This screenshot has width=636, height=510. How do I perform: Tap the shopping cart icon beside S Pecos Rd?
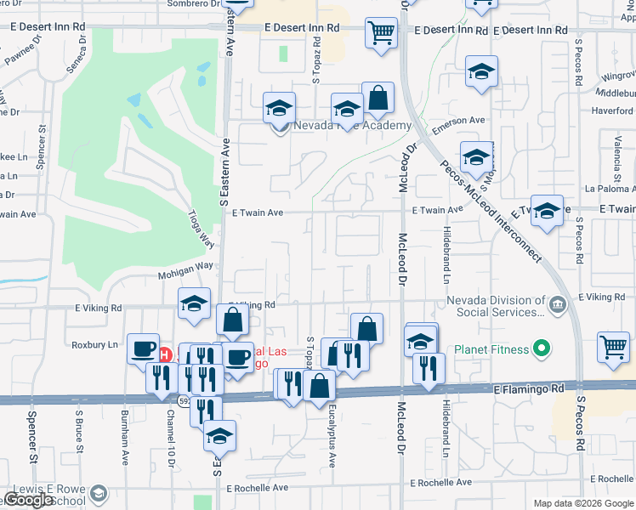(x=613, y=347)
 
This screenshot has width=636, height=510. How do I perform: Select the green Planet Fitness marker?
(x=538, y=348)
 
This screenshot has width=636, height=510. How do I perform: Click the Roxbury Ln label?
(x=96, y=344)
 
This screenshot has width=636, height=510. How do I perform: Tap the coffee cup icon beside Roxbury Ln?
(x=143, y=348)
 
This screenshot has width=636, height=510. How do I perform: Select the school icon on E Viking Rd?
(x=194, y=303)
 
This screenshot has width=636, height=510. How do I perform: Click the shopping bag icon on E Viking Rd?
(x=232, y=321)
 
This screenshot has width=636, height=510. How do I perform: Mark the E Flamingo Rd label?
(x=529, y=388)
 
